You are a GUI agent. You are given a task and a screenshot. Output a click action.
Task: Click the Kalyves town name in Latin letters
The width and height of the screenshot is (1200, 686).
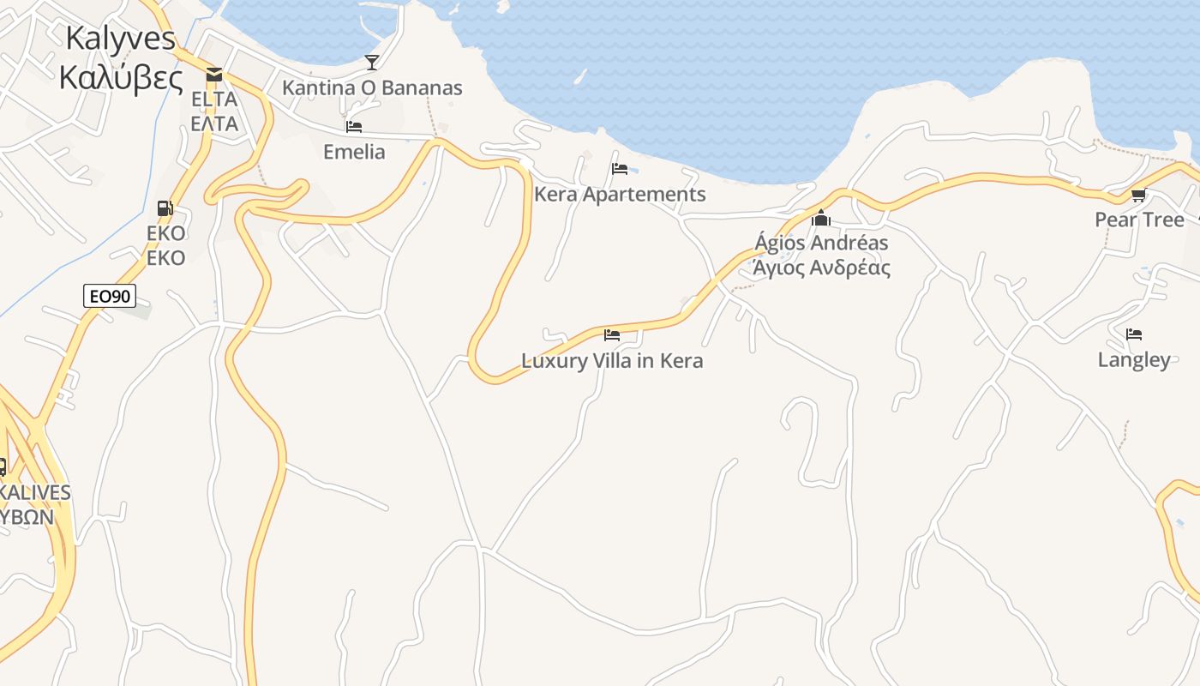(x=120, y=39)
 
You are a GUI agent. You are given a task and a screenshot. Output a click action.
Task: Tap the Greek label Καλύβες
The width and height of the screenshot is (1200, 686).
(x=121, y=78)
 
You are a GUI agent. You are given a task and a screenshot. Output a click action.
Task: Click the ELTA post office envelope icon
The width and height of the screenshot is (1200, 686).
(x=213, y=75)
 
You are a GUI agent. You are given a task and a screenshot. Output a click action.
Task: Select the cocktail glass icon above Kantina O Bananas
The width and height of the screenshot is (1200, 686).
(x=371, y=62)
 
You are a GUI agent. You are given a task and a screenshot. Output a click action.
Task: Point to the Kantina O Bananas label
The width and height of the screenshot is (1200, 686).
(x=372, y=87)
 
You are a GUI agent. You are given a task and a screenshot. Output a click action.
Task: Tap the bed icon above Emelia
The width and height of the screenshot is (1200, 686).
(x=354, y=127)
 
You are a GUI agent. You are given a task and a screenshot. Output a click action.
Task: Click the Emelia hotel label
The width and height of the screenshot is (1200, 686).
(x=354, y=152)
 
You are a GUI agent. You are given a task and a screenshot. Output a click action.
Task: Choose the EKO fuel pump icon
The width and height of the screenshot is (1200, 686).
(x=165, y=208)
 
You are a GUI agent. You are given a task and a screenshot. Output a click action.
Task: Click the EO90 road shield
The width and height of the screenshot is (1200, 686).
(x=111, y=297)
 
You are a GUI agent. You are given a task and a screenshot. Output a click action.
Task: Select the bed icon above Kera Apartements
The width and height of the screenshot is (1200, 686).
(x=620, y=169)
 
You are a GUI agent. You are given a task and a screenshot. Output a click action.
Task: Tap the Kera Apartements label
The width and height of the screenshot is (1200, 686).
(x=620, y=195)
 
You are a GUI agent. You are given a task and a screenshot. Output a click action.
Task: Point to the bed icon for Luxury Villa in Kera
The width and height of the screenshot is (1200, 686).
(x=612, y=335)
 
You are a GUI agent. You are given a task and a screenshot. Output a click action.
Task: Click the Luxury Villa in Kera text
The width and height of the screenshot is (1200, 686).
(x=612, y=361)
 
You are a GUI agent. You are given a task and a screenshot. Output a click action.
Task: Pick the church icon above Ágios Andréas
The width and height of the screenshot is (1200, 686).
(x=821, y=218)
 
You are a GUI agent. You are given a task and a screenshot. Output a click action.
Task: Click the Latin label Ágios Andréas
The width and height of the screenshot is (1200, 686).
(x=821, y=243)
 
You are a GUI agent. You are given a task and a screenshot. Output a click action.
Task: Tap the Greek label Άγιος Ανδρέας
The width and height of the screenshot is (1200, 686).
(x=821, y=268)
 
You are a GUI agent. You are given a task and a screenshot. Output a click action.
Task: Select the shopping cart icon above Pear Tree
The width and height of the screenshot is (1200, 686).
(x=1139, y=196)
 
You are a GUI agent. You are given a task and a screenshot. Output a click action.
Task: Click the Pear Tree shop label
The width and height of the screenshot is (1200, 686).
(x=1139, y=220)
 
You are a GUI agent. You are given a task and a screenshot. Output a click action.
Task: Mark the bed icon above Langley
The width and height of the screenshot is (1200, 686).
(x=1134, y=334)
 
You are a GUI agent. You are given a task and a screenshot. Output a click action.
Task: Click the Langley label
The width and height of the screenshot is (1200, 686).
(x=1134, y=359)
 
